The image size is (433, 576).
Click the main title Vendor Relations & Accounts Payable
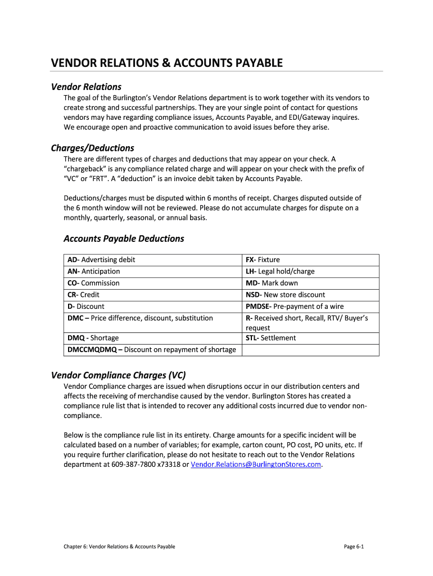coord(167,62)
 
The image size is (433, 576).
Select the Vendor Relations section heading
coord(86,87)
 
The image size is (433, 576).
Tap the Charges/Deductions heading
coord(92,148)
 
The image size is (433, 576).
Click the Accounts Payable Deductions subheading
coord(124,238)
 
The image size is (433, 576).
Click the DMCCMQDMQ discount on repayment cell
coord(151,350)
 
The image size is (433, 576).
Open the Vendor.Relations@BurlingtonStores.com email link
coord(256,465)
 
